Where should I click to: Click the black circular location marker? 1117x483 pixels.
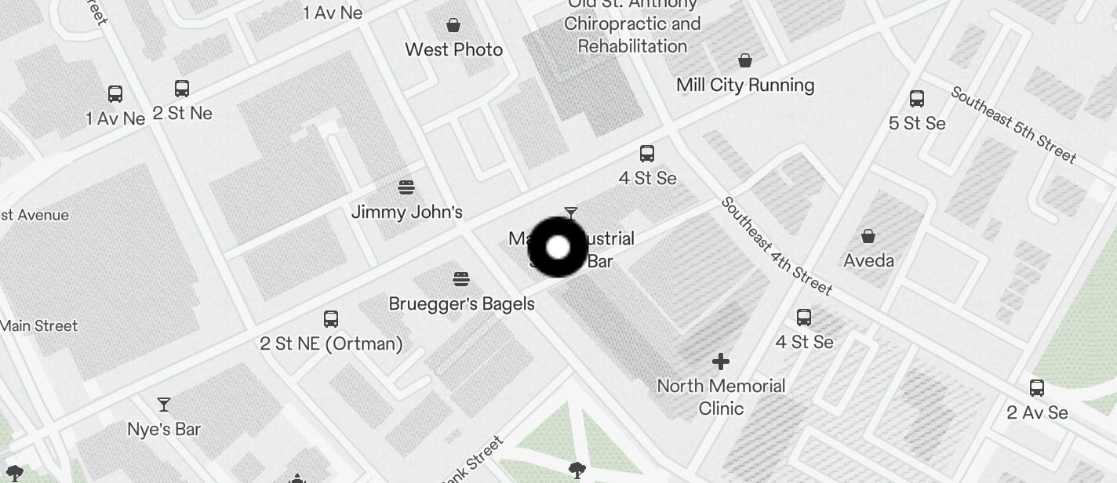click(558, 248)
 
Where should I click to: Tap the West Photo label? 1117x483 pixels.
click(453, 49)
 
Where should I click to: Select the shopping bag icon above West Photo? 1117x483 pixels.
click(453, 25)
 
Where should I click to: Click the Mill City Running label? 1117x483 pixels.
click(745, 85)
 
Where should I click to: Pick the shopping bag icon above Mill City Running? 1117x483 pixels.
click(745, 60)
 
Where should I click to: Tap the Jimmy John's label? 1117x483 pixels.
click(406, 212)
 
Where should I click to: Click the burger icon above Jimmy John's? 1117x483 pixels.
click(406, 187)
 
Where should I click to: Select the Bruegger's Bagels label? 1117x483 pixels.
click(461, 303)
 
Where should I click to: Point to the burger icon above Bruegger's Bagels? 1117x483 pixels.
click(461, 279)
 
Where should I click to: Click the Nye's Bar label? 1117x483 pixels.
click(164, 429)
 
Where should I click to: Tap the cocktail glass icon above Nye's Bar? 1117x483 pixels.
click(164, 405)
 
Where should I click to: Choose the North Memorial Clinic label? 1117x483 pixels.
click(721, 397)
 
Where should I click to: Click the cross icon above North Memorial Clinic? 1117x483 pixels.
click(721, 361)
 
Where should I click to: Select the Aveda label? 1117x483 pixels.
click(868, 260)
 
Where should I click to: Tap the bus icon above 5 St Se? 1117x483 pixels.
click(917, 99)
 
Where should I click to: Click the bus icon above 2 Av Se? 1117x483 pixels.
click(1037, 387)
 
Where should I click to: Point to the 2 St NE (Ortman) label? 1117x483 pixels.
click(331, 343)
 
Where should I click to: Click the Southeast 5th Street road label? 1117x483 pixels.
click(1013, 125)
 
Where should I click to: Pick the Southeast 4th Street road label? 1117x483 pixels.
click(776, 245)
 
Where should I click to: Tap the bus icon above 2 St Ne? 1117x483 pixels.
click(182, 89)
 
